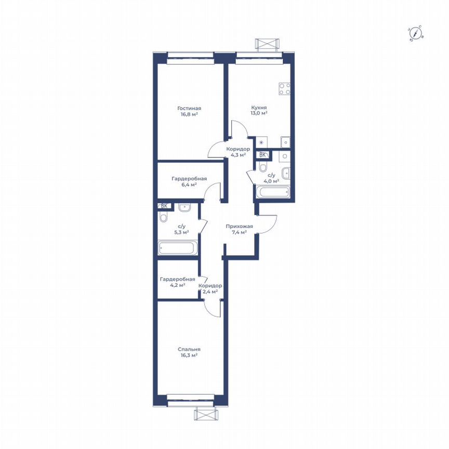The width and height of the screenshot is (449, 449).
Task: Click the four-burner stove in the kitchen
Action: (x=284, y=89)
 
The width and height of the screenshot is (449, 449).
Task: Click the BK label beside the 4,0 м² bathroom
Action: (x=263, y=154)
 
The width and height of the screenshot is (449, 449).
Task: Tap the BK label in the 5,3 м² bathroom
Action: (x=164, y=206)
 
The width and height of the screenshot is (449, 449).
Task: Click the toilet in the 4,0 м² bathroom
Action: (x=263, y=167)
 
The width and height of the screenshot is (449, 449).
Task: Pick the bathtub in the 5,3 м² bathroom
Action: (x=178, y=248)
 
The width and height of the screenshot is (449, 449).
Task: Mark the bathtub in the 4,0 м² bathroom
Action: (x=272, y=193)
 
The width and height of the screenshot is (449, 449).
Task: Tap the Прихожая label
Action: (x=240, y=226)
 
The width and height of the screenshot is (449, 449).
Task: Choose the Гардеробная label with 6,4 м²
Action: (x=189, y=178)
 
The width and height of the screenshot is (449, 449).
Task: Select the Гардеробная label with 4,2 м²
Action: (x=178, y=279)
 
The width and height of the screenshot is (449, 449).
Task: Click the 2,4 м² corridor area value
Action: (x=210, y=292)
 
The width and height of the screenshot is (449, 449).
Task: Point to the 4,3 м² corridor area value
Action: (x=238, y=155)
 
